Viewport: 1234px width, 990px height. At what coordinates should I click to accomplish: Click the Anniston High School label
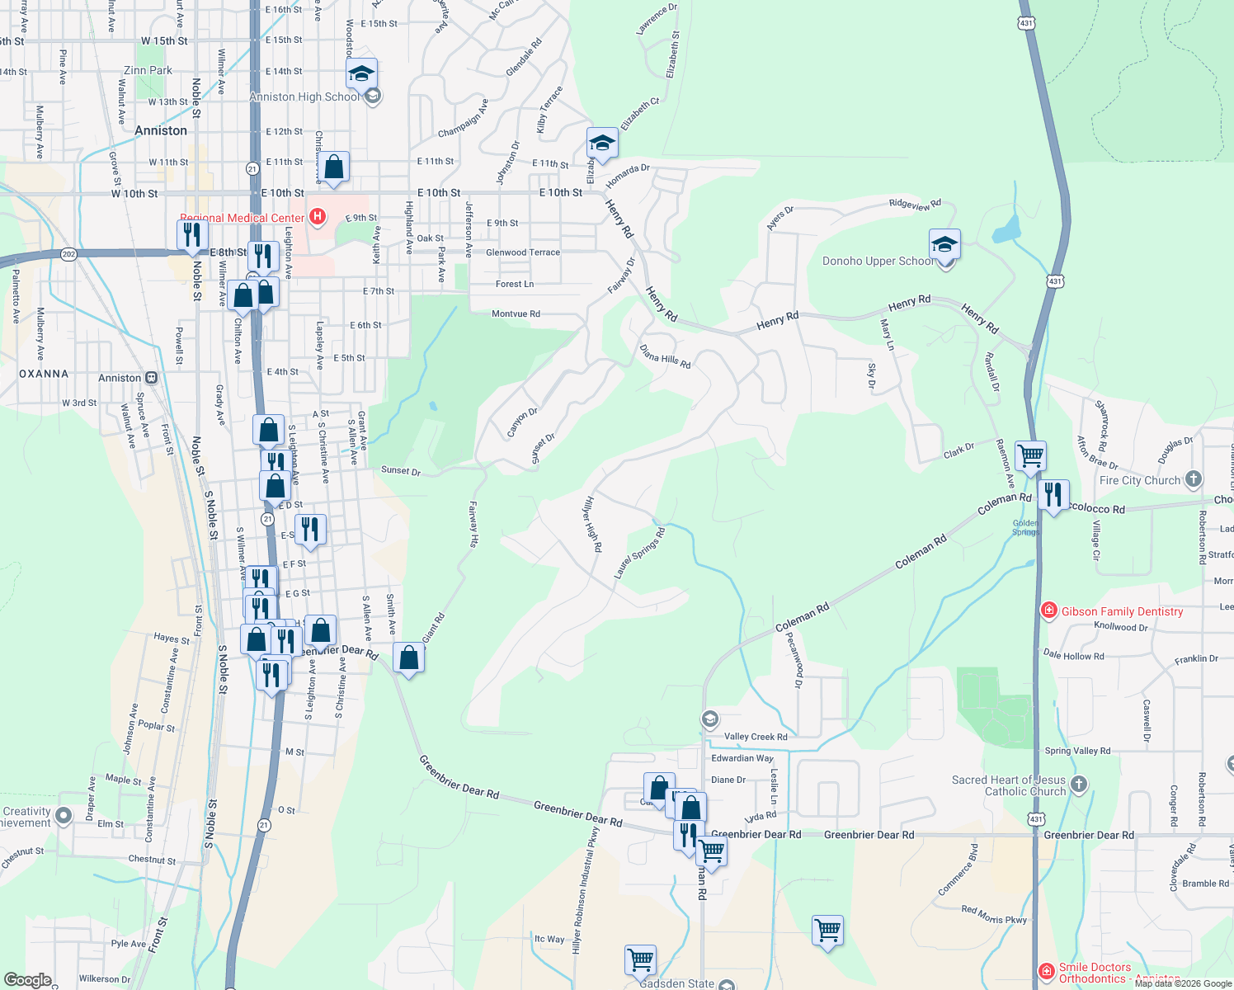[x=304, y=97]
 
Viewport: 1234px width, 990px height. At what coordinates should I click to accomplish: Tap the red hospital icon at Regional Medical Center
[x=318, y=217]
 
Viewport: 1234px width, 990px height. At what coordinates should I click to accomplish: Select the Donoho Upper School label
[x=878, y=262]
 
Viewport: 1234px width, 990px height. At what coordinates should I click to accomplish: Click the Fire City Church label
[x=1140, y=480]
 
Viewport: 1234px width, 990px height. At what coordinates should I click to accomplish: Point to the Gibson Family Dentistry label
[x=1122, y=611]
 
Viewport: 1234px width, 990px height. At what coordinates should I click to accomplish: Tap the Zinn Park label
[x=148, y=70]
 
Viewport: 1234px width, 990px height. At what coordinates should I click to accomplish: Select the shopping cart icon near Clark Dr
[x=1030, y=455]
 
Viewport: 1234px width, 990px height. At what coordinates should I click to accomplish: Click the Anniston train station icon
[x=152, y=378]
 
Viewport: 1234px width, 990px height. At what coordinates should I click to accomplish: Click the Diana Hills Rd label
[x=665, y=356]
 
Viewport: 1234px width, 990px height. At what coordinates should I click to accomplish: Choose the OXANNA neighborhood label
[x=44, y=374]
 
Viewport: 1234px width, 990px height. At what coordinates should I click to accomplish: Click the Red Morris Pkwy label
[x=994, y=915]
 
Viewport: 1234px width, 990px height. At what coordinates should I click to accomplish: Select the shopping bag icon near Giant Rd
[x=408, y=658]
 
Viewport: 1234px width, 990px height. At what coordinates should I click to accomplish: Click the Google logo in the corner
[x=27, y=980]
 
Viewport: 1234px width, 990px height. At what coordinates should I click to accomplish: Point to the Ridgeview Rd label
[x=915, y=204]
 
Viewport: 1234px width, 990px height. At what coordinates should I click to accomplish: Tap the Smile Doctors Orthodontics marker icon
[x=1046, y=972]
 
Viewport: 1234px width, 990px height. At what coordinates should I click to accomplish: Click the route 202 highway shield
[x=69, y=254]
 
